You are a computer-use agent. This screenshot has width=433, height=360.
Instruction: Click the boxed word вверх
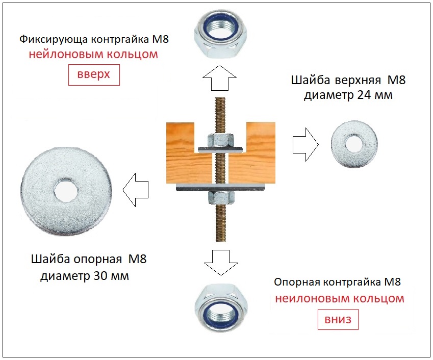click(x=94, y=74)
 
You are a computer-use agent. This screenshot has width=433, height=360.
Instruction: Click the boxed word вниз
click(x=338, y=320)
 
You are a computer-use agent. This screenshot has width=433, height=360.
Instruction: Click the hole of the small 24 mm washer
click(x=354, y=144)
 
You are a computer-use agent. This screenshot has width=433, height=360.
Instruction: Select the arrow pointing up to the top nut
click(x=219, y=78)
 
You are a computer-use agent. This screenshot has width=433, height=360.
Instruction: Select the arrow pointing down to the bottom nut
click(x=221, y=263)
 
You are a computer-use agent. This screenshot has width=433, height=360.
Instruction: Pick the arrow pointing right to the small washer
click(x=305, y=144)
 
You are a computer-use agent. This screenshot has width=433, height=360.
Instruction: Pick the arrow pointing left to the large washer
click(x=136, y=190)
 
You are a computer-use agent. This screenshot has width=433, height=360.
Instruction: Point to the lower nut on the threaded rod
click(x=221, y=197)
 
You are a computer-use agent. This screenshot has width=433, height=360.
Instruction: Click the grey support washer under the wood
click(x=221, y=187)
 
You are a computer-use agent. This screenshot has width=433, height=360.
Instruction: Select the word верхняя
click(x=358, y=81)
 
